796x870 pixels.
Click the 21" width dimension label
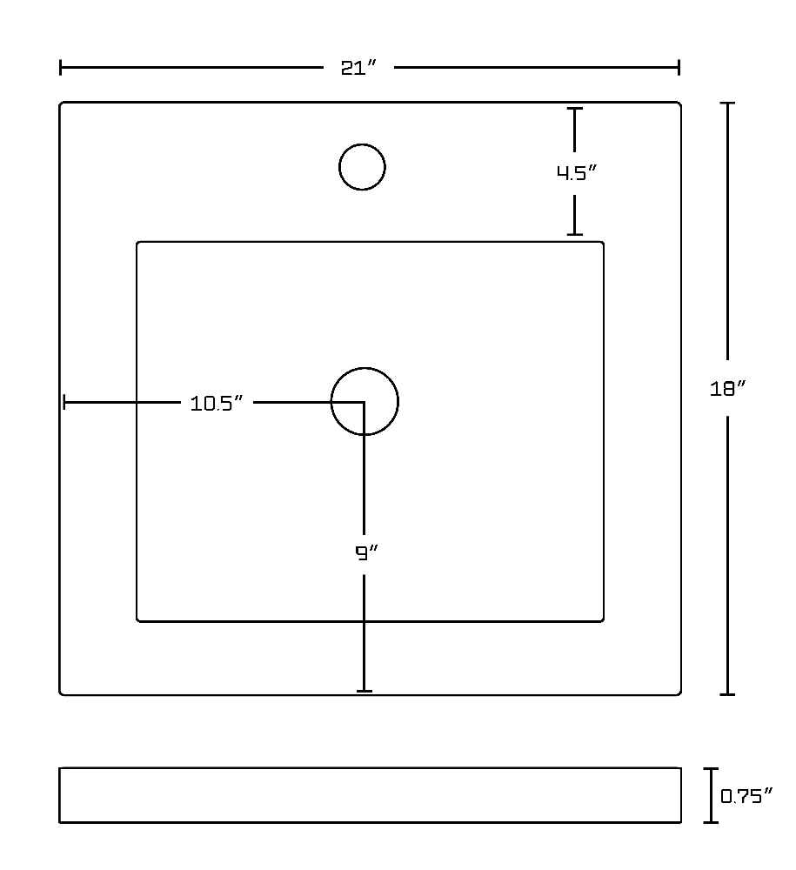358,68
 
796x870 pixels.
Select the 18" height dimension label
728,388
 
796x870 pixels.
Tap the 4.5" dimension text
576,172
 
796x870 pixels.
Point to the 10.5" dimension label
217,404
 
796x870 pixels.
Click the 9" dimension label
366,552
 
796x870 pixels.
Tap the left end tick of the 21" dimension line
61,68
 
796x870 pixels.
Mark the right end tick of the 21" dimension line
679,68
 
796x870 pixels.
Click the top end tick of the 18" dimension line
727,104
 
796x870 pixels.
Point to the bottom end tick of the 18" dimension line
727,693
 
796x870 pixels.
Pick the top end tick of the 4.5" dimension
575,109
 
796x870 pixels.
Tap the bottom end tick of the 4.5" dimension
575,234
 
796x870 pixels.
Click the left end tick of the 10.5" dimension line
64,402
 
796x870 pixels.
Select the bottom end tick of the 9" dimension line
364,691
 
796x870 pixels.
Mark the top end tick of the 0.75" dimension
711,769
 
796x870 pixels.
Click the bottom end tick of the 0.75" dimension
711,822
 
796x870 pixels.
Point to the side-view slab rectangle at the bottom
370,768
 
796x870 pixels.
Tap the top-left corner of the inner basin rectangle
137,243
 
